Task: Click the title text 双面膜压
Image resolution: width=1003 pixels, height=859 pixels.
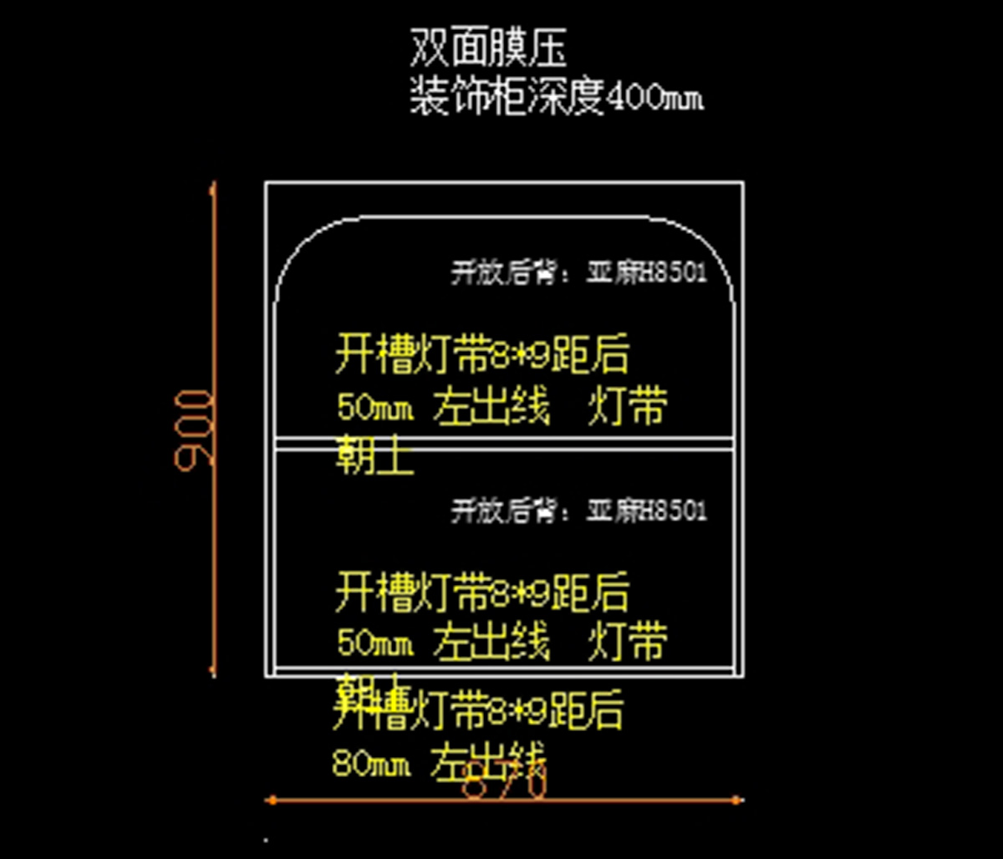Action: click(x=488, y=48)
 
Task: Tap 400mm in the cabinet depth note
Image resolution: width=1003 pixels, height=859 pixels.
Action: click(x=654, y=99)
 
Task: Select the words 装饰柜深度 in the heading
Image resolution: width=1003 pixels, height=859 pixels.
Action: click(x=506, y=98)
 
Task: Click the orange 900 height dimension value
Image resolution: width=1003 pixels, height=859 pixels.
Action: click(x=195, y=427)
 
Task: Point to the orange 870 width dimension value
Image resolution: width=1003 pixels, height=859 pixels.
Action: click(x=505, y=785)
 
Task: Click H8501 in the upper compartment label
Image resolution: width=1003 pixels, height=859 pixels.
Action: click(x=673, y=272)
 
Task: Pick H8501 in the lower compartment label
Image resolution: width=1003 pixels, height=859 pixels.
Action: click(x=673, y=510)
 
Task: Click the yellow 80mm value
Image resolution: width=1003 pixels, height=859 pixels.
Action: click(x=371, y=764)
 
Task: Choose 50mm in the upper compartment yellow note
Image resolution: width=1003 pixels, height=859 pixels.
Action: click(x=374, y=409)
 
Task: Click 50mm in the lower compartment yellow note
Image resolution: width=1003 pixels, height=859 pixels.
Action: click(x=374, y=643)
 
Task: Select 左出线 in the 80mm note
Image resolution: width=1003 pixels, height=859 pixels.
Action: click(x=489, y=762)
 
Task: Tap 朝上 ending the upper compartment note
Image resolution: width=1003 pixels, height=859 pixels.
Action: click(x=374, y=456)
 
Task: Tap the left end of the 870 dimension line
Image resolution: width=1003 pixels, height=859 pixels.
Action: click(x=270, y=800)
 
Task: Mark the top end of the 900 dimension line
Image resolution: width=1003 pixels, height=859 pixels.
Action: click(x=213, y=184)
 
